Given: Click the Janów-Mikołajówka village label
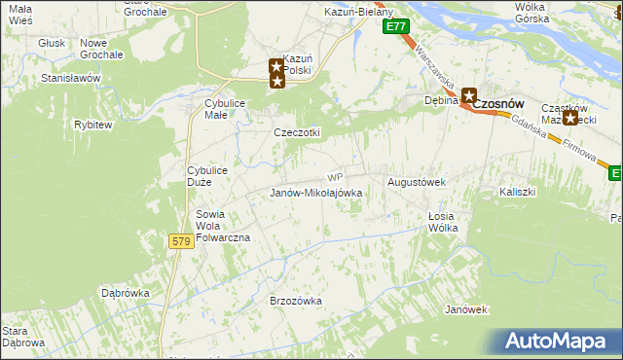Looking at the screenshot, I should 315,193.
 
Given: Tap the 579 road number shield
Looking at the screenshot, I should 180,241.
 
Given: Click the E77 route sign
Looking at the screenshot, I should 394,27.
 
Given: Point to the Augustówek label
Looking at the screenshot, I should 417,182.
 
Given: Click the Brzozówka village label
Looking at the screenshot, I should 295,302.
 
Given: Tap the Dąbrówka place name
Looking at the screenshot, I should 125,292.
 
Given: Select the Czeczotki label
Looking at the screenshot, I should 297,132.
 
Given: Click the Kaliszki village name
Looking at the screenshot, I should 518,192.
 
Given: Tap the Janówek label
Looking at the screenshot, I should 465,309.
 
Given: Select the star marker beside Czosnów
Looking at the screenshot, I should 469,95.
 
